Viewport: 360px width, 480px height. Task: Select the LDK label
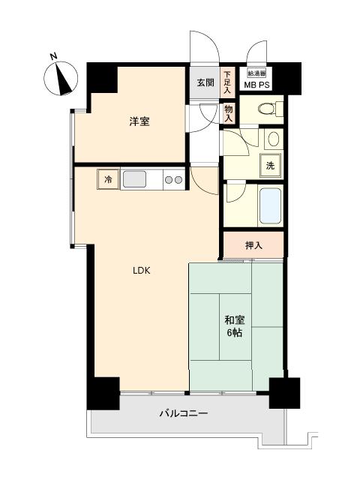pos(142,271)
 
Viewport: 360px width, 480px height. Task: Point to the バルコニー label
pos(183,413)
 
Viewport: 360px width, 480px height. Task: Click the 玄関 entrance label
pos(205,82)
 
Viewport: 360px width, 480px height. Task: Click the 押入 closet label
pos(253,244)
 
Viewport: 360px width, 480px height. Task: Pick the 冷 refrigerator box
pos(109,179)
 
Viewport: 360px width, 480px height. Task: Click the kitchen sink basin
pos(135,179)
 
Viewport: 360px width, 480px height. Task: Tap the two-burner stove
pos(173,180)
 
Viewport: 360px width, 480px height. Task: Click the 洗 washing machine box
pos(269,166)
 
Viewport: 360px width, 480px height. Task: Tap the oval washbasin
pos(273,139)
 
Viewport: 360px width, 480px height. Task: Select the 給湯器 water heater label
pos(256,73)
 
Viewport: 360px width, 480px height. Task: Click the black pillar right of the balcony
pos(284,391)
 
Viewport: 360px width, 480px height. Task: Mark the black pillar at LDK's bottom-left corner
pos(103,391)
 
